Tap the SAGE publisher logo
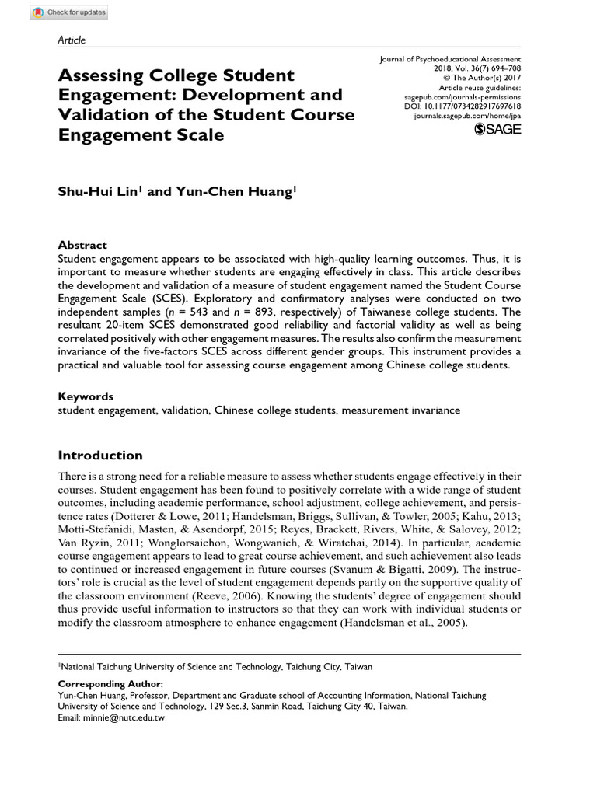497,129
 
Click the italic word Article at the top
72,40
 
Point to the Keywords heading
86,396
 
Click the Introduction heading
100,456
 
